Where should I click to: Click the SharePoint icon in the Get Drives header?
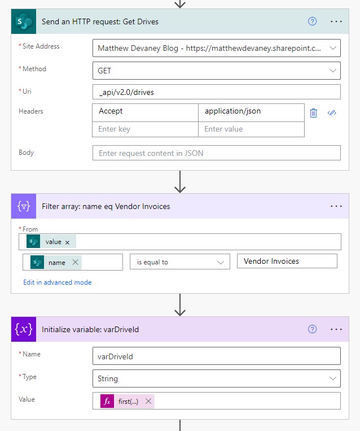point(24,21)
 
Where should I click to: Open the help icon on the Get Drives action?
point(312,21)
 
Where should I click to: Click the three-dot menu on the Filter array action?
point(336,206)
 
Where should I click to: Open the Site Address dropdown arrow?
point(333,48)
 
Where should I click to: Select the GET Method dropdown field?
point(216,71)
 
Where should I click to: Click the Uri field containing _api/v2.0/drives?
point(216,92)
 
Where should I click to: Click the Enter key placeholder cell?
point(145,129)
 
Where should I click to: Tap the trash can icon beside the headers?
point(313,113)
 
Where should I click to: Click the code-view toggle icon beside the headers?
point(332,113)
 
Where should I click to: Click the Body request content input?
point(216,153)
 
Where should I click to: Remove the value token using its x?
point(67,242)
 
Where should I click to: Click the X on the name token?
point(75,262)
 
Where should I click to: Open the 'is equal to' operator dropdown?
point(180,262)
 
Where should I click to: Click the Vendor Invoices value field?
point(287,261)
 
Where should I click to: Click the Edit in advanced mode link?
point(58,282)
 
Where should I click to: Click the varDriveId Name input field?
point(216,356)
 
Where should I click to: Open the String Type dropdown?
point(216,378)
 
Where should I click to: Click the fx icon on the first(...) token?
point(107,401)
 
